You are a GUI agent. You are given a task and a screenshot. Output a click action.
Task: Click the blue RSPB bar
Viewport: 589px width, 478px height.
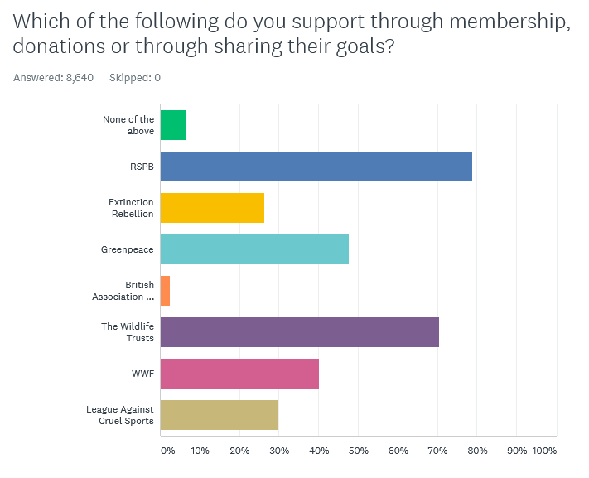click(316, 167)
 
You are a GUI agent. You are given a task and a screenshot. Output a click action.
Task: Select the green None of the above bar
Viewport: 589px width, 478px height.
click(173, 125)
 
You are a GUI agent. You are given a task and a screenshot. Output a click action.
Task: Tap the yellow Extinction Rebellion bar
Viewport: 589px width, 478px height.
click(212, 208)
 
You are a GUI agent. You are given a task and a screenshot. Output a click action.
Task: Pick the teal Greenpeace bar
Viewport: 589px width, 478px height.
click(254, 249)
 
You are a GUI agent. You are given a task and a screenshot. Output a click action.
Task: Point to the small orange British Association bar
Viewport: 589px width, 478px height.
click(165, 291)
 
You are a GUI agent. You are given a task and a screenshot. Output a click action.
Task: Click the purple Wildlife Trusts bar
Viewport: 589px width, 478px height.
click(299, 332)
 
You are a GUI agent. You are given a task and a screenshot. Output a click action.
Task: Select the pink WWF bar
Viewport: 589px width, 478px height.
click(239, 374)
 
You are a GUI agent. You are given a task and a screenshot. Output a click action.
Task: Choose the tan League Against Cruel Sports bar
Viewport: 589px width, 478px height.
click(219, 415)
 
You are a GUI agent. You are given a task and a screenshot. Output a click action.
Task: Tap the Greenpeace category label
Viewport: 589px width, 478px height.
click(128, 249)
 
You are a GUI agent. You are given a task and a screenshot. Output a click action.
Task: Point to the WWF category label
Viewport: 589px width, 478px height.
click(142, 374)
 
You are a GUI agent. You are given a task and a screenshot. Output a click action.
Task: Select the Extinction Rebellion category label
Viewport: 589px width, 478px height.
click(132, 208)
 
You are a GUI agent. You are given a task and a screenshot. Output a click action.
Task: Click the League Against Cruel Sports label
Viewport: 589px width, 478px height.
click(120, 415)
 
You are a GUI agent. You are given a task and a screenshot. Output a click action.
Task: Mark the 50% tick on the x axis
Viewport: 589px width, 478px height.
click(358, 451)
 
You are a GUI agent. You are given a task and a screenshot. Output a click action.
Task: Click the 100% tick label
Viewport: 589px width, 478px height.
click(545, 451)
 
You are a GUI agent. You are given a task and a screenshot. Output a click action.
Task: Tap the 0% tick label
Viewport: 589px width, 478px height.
click(167, 451)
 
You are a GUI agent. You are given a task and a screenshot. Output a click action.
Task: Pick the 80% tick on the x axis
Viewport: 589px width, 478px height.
click(477, 451)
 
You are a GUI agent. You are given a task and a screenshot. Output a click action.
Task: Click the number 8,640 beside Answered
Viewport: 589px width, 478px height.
click(80, 78)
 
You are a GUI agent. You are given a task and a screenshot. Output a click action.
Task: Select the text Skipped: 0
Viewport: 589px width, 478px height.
click(135, 78)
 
